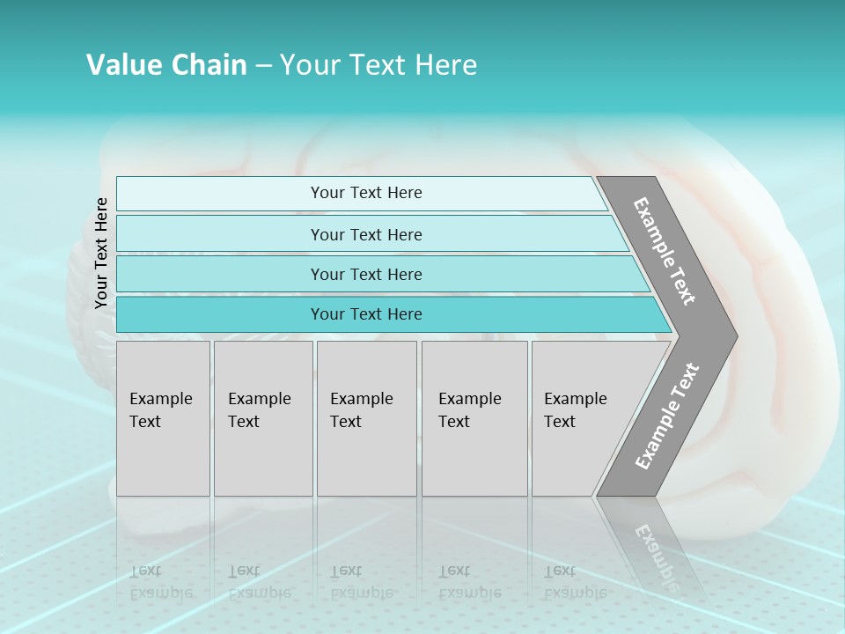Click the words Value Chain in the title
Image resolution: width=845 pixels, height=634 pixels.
coord(166,65)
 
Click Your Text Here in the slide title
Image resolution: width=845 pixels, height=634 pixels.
coord(378,65)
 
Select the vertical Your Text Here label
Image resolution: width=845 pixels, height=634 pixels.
coord(101,253)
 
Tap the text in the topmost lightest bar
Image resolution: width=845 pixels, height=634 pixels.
coord(366,193)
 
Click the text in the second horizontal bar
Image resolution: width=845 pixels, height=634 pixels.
coord(366,234)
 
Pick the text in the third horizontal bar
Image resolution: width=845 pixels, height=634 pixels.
coord(366,274)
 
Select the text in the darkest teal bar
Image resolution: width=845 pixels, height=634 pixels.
coord(366,314)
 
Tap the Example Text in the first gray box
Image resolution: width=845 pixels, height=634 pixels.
coord(160,410)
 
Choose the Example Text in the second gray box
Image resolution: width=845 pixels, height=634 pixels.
coord(259,410)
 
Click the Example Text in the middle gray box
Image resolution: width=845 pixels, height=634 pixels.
coord(361,410)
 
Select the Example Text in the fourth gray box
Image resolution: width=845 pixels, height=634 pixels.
coord(469,410)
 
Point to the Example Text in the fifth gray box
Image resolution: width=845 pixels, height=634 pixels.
coord(575,410)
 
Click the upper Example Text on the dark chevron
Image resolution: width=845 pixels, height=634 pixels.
coord(665,251)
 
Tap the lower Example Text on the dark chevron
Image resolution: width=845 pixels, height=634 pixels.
coord(666,417)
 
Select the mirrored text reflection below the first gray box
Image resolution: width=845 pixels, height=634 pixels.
coord(160,581)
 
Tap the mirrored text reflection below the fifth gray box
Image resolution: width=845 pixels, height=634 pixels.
coord(575,581)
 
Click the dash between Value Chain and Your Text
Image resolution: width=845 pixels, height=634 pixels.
coord(263,66)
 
